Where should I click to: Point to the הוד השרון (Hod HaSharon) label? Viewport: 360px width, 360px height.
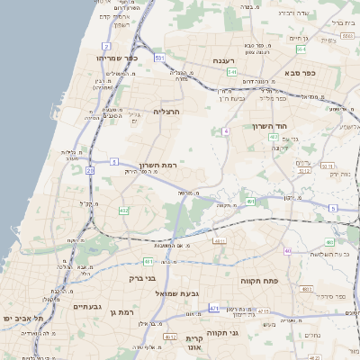(269, 126)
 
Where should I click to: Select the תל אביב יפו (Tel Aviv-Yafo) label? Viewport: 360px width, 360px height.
(19, 318)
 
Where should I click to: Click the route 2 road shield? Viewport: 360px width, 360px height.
(106, 45)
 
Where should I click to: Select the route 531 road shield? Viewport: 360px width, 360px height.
(159, 58)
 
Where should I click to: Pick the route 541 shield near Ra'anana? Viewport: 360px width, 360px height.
(231, 72)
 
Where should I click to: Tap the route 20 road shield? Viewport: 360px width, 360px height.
(90, 169)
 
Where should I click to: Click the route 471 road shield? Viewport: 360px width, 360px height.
(213, 309)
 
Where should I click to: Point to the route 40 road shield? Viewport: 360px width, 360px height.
(287, 251)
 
